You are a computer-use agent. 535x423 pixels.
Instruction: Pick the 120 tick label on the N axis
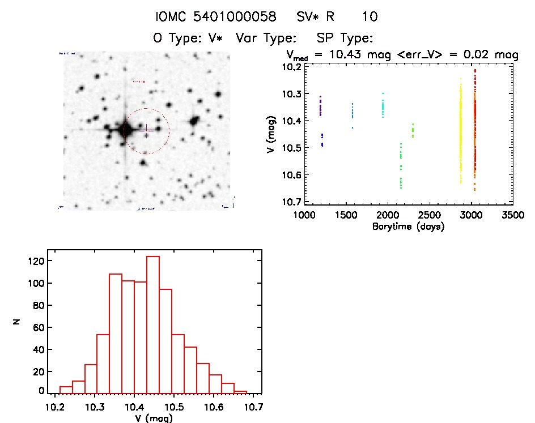[35, 261]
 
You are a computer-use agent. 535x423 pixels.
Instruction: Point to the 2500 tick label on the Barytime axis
[430, 216]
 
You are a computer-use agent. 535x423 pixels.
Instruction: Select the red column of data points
[474, 130]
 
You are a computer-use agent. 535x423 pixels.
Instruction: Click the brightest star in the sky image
[125, 130]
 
